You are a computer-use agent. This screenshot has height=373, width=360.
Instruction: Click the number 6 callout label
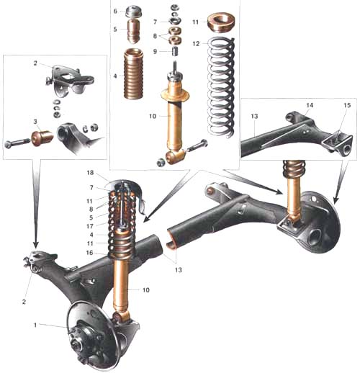click(115, 11)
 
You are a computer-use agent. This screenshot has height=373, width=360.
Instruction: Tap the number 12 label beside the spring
click(196, 43)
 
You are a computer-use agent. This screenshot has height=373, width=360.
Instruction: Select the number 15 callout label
click(347, 105)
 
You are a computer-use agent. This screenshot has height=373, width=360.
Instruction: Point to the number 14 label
click(310, 105)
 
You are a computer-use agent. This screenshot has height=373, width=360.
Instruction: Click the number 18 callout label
click(90, 173)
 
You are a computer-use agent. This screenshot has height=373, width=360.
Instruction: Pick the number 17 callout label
click(90, 226)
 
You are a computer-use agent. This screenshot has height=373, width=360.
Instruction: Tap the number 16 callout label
click(89, 253)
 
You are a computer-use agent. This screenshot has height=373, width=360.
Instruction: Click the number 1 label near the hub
click(35, 325)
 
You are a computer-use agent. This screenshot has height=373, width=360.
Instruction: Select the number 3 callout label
click(35, 122)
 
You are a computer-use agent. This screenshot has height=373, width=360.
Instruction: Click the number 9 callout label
click(155, 51)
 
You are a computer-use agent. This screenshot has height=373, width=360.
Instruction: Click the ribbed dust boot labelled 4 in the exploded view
click(134, 73)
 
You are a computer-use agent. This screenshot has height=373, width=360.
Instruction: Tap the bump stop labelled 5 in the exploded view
click(134, 32)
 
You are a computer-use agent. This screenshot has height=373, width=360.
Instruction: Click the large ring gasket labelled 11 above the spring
click(221, 23)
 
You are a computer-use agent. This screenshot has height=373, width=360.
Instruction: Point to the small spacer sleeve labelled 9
click(175, 52)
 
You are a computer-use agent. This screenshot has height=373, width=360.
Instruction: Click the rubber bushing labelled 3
click(42, 138)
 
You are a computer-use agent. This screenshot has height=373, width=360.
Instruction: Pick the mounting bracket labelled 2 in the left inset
click(70, 81)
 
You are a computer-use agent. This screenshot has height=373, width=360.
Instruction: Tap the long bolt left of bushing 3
click(17, 144)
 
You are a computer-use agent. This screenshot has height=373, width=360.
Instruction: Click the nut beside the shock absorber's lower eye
click(161, 163)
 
